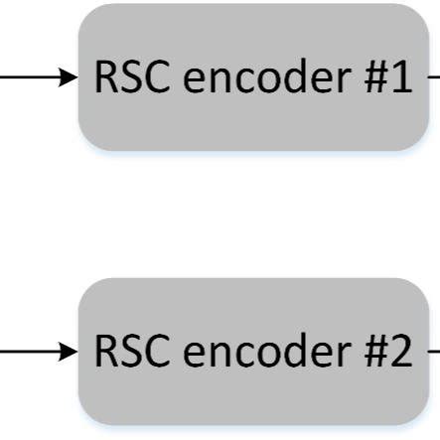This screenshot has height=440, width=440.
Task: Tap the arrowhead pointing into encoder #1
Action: [69, 76]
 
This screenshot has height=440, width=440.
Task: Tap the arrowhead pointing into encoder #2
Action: [69, 351]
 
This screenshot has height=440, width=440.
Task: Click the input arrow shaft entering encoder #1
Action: [30, 76]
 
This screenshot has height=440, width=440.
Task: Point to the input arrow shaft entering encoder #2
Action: [30, 351]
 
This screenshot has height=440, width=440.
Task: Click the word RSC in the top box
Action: [127, 77]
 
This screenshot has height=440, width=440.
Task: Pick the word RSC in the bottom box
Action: [127, 352]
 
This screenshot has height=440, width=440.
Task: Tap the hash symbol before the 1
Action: [371, 77]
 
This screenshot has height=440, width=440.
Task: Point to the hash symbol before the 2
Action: [371, 352]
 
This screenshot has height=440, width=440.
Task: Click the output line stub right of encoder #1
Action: [434, 76]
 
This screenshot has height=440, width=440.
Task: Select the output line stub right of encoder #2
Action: [434, 351]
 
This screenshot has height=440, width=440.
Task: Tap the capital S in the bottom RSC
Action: [127, 352]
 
